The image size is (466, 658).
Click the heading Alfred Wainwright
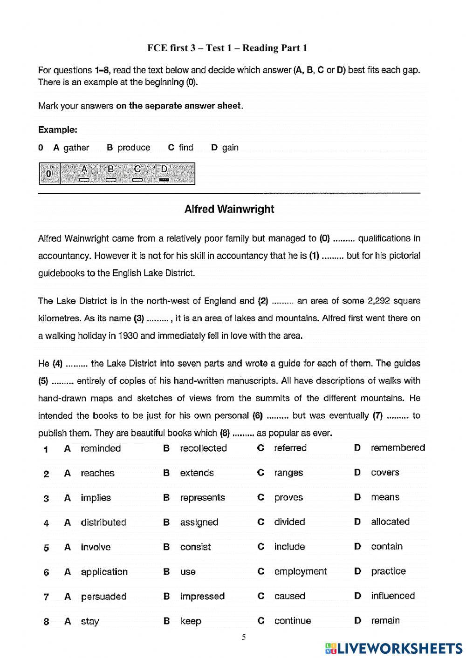pos(229,209)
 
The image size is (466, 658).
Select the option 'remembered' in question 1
pos(397,448)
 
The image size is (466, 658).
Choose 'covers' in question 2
pos(385,473)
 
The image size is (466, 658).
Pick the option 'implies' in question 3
pos(96,498)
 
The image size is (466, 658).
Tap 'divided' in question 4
pos(289,522)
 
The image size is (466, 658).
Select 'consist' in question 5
pos(195,547)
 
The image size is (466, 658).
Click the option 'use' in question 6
pos(188,572)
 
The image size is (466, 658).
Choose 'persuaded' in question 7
pos(103,597)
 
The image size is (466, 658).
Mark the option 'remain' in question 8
pos(385,621)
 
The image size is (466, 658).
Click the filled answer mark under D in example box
pos(164,180)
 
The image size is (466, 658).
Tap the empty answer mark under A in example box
pos(84,180)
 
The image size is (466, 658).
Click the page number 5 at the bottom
pos(244,638)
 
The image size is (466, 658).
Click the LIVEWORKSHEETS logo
pos(394,648)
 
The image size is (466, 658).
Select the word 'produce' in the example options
pos(134,148)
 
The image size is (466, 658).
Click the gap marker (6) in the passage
pos(258,416)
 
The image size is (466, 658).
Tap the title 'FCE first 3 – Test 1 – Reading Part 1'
pos(227,48)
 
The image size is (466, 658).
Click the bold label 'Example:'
pos(58,129)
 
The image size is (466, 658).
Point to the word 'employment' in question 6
pos(301,572)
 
